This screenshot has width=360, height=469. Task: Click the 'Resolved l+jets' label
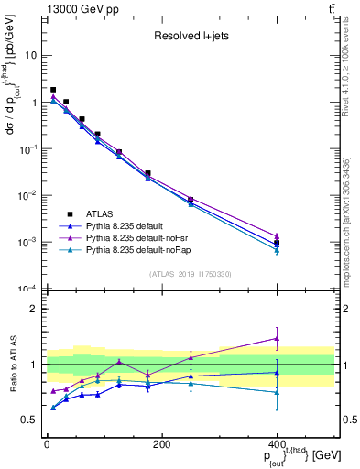tap(191, 38)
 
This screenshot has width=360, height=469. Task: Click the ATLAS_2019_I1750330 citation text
tap(191, 274)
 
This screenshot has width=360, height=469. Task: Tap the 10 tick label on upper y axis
tap(31, 55)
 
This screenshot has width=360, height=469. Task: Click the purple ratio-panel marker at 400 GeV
tap(277, 338)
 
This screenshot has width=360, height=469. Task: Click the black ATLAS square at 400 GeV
tap(277, 244)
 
